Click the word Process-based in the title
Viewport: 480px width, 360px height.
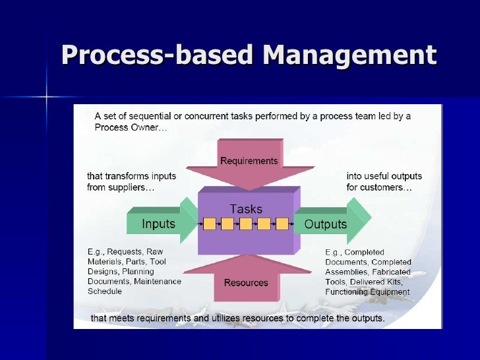pyautogui.click(x=158, y=56)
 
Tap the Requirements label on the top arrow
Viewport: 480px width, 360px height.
pyautogui.click(x=249, y=161)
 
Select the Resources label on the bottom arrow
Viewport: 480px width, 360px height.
pyautogui.click(x=246, y=282)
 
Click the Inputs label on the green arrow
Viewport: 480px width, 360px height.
pyautogui.click(x=159, y=224)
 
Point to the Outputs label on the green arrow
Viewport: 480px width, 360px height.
pyautogui.click(x=325, y=224)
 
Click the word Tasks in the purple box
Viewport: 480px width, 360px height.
pyautogui.click(x=245, y=209)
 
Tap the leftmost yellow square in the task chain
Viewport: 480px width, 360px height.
pyautogui.click(x=210, y=224)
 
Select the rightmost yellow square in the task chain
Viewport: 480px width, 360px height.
pyautogui.click(x=282, y=224)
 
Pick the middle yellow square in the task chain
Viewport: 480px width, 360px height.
pyautogui.click(x=245, y=224)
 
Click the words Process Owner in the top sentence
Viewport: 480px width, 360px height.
pyautogui.click(x=121, y=128)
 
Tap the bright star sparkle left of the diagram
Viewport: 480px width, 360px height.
pyautogui.click(x=47, y=98)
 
